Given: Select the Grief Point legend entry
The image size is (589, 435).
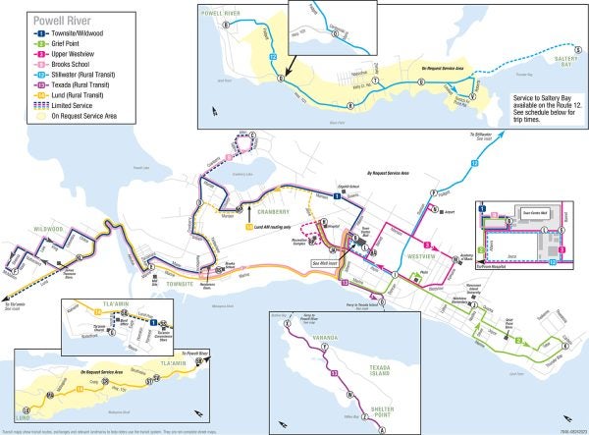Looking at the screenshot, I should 61,42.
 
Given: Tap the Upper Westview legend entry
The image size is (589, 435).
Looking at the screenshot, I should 67,55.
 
